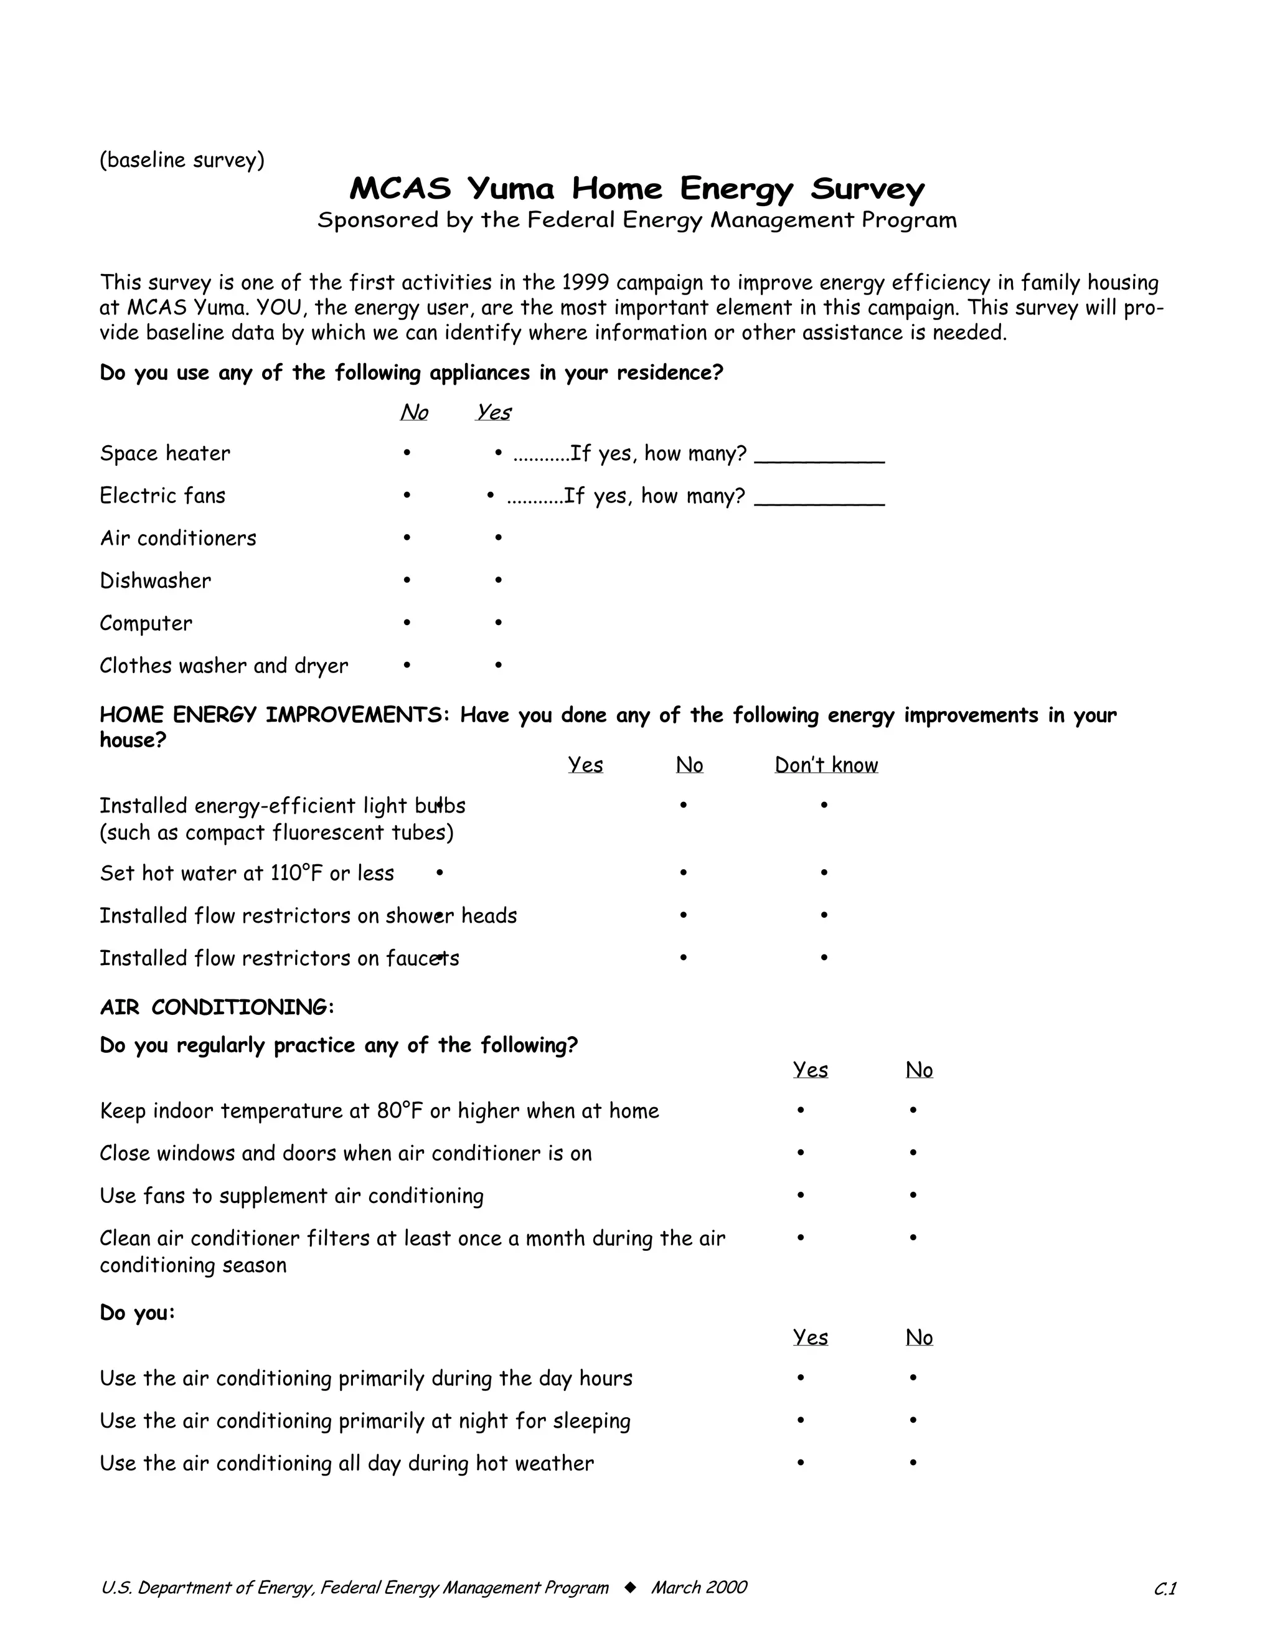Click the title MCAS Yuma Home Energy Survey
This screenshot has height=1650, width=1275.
[x=637, y=188]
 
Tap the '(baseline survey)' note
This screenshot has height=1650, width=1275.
[x=182, y=160]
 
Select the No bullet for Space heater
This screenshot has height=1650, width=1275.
[x=407, y=453]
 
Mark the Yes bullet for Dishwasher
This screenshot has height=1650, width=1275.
[x=499, y=580]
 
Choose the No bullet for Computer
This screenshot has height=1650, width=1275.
[x=407, y=623]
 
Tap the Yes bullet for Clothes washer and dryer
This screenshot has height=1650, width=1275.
[x=499, y=665]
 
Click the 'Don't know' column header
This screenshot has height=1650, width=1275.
[x=826, y=765]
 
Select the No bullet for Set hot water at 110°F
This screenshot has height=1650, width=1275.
[x=683, y=872]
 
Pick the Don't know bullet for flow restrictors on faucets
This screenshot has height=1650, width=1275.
[x=824, y=957]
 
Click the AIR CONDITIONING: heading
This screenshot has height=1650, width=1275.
[x=217, y=1007]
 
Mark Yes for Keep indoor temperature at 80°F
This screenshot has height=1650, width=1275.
[x=801, y=1110]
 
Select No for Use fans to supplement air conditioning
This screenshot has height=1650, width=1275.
[x=913, y=1195]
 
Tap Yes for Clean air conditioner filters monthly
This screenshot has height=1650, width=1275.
[x=801, y=1238]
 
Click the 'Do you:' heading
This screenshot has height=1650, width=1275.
[x=138, y=1313]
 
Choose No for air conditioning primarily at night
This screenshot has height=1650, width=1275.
[x=913, y=1420]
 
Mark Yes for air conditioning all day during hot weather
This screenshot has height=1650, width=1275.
[x=801, y=1463]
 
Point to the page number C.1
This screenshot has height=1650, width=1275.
[x=1165, y=1590]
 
